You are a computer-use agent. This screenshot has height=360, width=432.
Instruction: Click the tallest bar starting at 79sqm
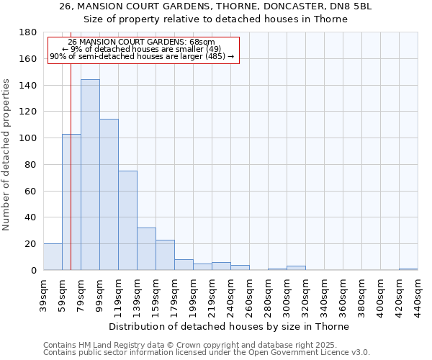[90, 175]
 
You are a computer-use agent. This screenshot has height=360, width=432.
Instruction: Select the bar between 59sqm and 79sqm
[71, 202]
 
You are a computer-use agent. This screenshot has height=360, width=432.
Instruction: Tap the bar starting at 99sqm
[109, 194]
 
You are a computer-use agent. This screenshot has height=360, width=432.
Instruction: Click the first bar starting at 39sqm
[53, 257]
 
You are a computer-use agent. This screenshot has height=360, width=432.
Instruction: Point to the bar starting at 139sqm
[146, 249]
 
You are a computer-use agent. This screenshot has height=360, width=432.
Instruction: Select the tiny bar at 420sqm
[408, 269]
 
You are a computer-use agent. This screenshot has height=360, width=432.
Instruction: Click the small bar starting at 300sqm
[296, 268]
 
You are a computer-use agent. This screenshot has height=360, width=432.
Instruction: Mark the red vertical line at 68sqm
[71, 166]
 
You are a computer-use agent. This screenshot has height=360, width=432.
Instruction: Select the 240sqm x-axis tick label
[231, 294]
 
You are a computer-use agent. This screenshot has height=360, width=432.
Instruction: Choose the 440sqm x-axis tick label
[418, 294]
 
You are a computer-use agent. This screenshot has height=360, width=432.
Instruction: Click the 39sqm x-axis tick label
[44, 293]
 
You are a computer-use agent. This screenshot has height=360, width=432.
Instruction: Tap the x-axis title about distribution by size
[230, 326]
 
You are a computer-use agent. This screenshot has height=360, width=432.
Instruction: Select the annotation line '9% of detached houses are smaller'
[142, 49]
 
